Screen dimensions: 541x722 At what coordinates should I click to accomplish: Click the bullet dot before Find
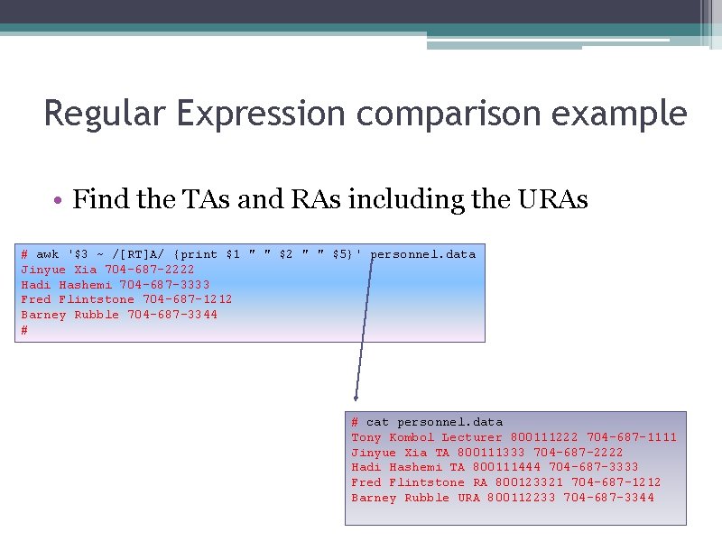[x=57, y=200]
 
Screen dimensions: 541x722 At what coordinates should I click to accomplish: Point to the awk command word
[x=47, y=254]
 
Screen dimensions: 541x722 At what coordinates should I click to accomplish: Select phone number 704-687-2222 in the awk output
[x=150, y=270]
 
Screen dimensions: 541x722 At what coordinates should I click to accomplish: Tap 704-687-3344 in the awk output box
[x=172, y=315]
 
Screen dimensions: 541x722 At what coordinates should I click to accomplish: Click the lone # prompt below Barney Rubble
[x=24, y=330]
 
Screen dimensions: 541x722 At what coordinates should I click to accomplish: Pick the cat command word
[x=377, y=422]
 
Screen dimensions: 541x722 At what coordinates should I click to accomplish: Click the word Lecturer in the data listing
[x=472, y=437]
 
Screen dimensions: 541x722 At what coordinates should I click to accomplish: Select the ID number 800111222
[x=544, y=437]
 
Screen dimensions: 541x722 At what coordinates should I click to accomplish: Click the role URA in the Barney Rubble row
[x=468, y=498]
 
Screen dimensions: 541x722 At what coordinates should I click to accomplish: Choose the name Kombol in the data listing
[x=412, y=437]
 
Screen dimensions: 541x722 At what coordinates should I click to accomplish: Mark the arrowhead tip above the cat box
[x=356, y=398]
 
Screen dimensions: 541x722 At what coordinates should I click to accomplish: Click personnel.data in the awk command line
[x=423, y=254]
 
